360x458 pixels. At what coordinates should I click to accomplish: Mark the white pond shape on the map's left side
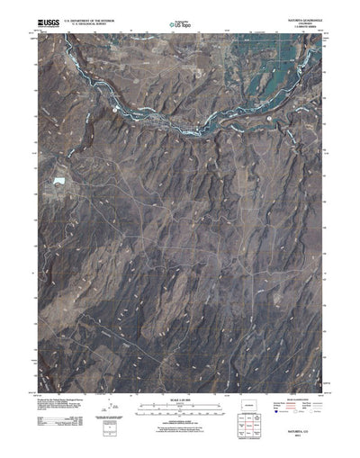[x=59, y=182]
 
